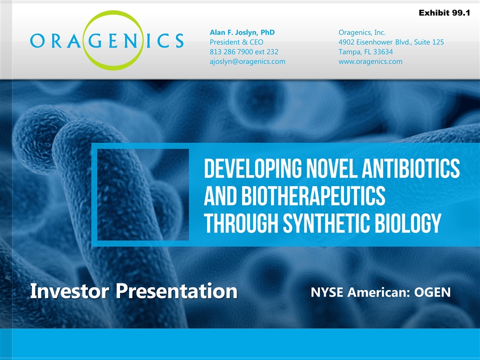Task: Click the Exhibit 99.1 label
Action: tap(444, 13)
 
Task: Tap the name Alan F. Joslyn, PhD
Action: tap(242, 32)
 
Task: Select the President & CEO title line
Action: tap(236, 42)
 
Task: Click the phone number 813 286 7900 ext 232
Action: tap(244, 51)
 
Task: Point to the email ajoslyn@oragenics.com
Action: tap(247, 61)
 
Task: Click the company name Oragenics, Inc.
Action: tap(362, 32)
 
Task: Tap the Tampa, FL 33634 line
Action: tap(365, 52)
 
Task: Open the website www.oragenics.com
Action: tap(370, 61)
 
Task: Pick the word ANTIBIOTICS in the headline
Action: tap(411, 168)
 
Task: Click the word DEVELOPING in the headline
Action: tap(252, 168)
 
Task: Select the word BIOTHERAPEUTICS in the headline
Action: tap(313, 195)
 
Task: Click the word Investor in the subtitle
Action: tap(69, 291)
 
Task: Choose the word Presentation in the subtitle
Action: tap(176, 291)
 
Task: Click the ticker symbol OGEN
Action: tap(432, 292)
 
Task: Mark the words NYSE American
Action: tap(360, 292)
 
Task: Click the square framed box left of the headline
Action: tap(94, 194)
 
